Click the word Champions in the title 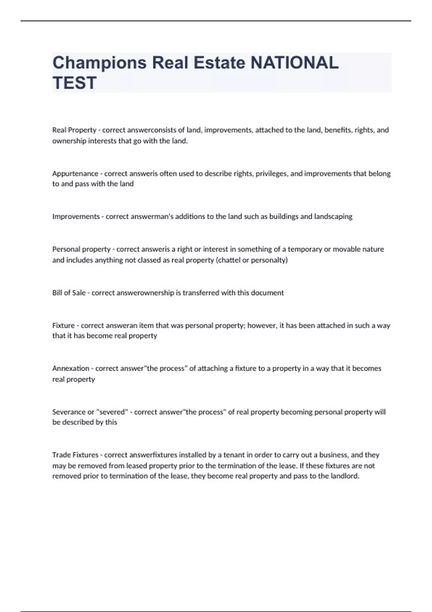click(x=99, y=63)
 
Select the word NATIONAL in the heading click(x=294, y=63)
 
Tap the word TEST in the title click(x=75, y=83)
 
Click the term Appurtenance click(x=75, y=174)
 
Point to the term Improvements click(x=76, y=216)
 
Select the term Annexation click(x=71, y=368)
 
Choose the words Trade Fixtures click(x=75, y=455)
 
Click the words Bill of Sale click(x=69, y=293)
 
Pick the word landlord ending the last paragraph click(x=345, y=476)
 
